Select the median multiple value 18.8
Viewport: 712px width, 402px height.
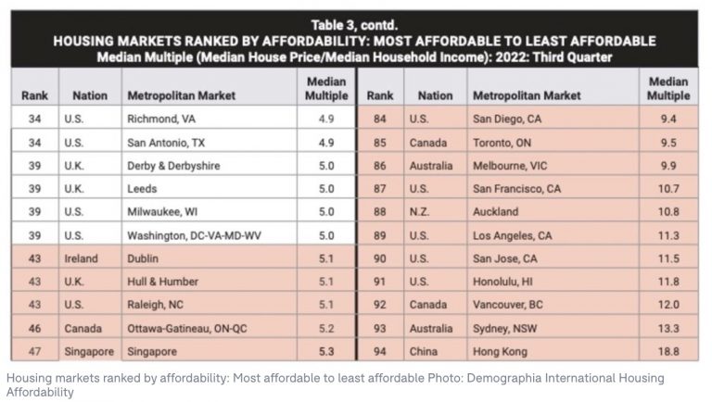pos(668,351)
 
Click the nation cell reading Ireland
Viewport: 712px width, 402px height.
pos(82,258)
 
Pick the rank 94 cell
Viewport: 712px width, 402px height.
pos(380,351)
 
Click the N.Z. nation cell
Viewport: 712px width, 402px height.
pos(423,212)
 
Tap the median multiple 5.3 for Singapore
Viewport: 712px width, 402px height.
pos(326,351)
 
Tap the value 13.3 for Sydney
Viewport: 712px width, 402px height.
pos(668,328)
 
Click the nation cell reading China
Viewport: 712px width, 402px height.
pos(425,351)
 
